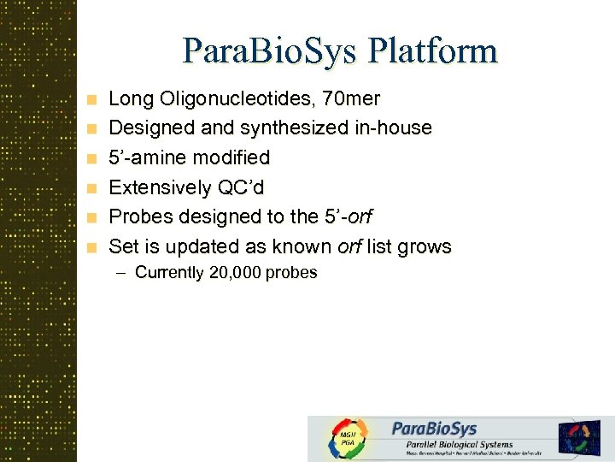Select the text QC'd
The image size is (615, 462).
click(239, 187)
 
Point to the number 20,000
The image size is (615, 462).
click(236, 274)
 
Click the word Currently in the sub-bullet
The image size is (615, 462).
click(170, 274)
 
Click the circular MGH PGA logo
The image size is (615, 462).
click(348, 439)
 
